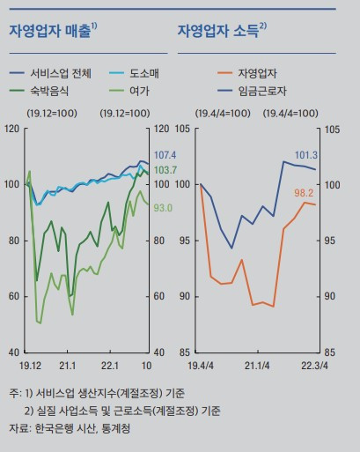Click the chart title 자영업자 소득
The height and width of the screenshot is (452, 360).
pos(220,31)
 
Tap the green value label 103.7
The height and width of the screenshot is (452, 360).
pos(165,169)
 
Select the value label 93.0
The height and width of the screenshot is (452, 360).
pos(163,208)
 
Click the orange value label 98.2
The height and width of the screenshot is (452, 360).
pos(329,192)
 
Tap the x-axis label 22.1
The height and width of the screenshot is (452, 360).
pos(109,365)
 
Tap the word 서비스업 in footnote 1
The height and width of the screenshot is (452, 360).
pos(55,391)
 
